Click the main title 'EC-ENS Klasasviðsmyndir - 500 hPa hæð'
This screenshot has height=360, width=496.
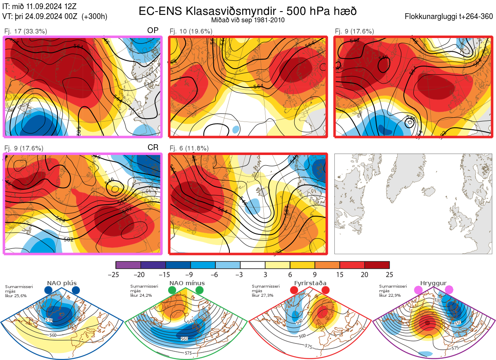pyautogui.click(x=248, y=11)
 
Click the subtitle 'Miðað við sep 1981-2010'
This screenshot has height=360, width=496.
pyautogui.click(x=248, y=20)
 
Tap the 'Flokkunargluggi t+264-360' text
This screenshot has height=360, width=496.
pyautogui.click(x=449, y=17)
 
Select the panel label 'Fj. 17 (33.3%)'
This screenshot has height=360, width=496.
pyautogui.click(x=26, y=31)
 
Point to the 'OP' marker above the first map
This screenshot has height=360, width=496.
pyautogui.click(x=153, y=31)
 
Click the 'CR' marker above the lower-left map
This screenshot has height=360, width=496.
pyautogui.click(x=153, y=148)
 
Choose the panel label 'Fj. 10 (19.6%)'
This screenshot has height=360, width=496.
pyautogui.click(x=191, y=31)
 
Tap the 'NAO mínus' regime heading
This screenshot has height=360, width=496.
pyautogui.click(x=187, y=283)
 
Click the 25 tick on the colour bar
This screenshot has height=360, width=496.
pyautogui.click(x=389, y=274)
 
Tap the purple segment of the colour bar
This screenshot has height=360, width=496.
pyautogui.click(x=128, y=265)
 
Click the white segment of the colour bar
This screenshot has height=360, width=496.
pyautogui.click(x=253, y=265)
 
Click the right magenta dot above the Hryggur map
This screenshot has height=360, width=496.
pyautogui.click(x=449, y=290)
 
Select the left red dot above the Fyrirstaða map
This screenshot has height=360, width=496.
pyautogui.click(x=294, y=291)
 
